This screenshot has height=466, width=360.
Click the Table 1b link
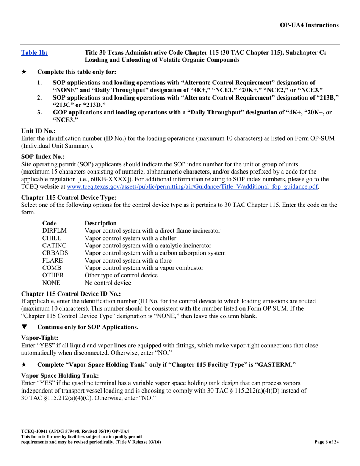(34, 53)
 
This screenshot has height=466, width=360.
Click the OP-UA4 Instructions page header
(309, 25)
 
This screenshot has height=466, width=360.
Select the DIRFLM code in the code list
(54, 231)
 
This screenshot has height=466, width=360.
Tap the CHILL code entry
(52, 238)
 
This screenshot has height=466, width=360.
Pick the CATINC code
(54, 246)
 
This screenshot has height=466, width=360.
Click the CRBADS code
(55, 253)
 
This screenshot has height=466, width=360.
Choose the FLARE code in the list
(52, 261)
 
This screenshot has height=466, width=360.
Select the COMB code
(52, 268)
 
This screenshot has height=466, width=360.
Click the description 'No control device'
(108, 283)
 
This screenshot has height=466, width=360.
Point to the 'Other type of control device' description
(121, 275)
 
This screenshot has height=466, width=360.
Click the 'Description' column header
(101, 223)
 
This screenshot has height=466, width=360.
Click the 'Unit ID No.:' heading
(38, 131)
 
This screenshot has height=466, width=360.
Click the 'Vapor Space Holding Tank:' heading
(60, 375)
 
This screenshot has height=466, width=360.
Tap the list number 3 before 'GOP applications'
(39, 113)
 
